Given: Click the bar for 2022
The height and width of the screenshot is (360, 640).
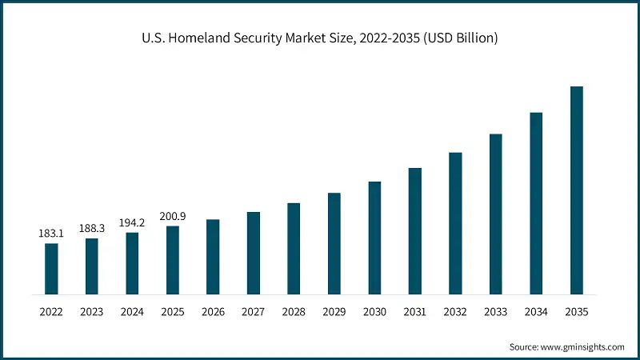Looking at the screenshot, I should click(x=51, y=268).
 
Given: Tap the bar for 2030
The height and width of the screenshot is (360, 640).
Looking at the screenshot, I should click(x=374, y=238).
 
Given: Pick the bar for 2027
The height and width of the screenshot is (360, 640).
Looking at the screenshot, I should click(x=253, y=253).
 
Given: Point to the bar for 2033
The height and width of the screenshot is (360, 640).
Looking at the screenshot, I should click(x=495, y=214).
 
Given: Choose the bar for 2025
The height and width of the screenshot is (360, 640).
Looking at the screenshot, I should click(x=173, y=260).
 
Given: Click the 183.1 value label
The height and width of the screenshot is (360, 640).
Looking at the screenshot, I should click(x=51, y=234).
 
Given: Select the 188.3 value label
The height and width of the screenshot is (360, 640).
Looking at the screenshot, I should click(x=91, y=229).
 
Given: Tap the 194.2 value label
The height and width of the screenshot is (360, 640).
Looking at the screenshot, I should click(x=132, y=222).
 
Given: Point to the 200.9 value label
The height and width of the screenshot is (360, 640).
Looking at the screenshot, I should click(x=173, y=216).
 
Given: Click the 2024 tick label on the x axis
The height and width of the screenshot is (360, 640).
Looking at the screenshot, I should click(x=132, y=313).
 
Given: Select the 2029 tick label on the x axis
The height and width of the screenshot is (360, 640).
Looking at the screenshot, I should click(x=334, y=313).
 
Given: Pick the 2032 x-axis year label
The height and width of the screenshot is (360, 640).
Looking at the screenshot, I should click(x=455, y=313).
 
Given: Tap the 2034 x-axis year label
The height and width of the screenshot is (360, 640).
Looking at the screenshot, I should click(x=536, y=313).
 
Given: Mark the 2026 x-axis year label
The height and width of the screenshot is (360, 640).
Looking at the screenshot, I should click(x=213, y=313).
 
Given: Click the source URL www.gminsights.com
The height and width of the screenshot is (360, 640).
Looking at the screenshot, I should click(x=582, y=347).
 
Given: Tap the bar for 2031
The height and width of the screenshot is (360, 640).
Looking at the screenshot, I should click(x=414, y=230).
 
